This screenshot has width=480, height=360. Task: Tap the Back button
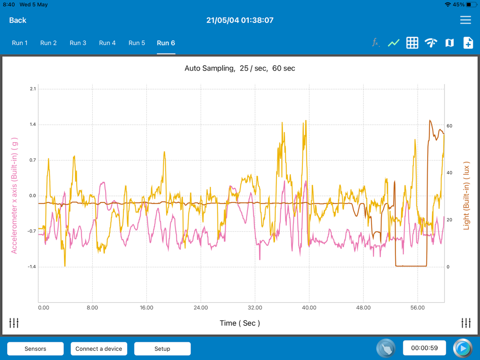[x=18, y=20]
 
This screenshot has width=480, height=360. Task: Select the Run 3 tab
[x=78, y=43]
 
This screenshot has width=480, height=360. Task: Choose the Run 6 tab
[x=166, y=43]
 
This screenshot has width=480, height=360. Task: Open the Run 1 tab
[x=20, y=43]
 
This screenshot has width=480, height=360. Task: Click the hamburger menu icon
[x=465, y=20]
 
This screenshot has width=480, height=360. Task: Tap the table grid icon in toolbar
[x=412, y=43]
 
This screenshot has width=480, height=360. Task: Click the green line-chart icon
[x=394, y=43]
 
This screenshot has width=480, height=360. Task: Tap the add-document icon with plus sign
[x=468, y=43]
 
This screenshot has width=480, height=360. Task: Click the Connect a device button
[x=99, y=348]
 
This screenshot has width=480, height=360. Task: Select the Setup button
[x=162, y=348]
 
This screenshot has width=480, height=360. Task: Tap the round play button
[x=463, y=348]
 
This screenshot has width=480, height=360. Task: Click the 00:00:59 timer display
[x=424, y=348]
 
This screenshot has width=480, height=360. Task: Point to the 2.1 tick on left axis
[x=33, y=89]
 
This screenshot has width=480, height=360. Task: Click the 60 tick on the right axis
[x=449, y=126]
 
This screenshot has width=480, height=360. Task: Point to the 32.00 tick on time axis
[x=255, y=308]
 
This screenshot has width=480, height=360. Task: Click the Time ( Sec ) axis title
[x=240, y=323]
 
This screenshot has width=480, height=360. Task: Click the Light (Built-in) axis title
[x=466, y=195]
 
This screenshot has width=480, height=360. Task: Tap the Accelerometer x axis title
[x=14, y=195]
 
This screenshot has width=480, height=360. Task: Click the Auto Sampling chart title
[x=240, y=68]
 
